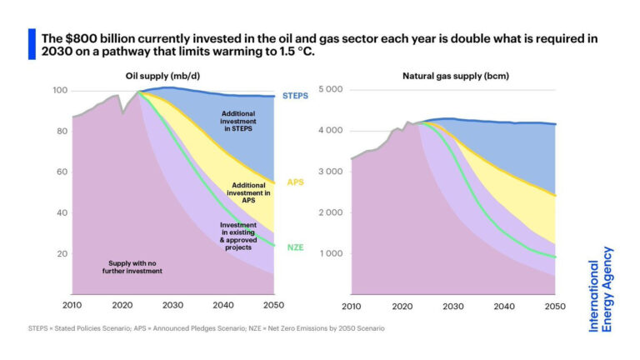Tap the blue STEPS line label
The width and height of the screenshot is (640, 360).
(295, 96)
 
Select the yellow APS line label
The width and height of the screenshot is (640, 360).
(295, 182)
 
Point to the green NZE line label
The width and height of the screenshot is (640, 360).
(294, 247)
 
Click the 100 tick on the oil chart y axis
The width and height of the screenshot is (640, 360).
(59, 90)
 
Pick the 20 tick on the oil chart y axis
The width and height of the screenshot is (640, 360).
(61, 253)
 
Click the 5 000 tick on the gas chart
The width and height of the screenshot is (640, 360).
(332, 90)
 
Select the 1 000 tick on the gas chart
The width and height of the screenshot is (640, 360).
(332, 253)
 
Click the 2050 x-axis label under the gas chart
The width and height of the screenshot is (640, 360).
(555, 306)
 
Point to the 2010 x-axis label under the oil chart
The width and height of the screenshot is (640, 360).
(73, 306)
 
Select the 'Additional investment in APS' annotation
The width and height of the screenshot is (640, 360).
(249, 192)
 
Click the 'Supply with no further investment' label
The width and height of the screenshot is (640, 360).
(126, 267)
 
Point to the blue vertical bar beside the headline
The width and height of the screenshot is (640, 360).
(32, 44)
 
